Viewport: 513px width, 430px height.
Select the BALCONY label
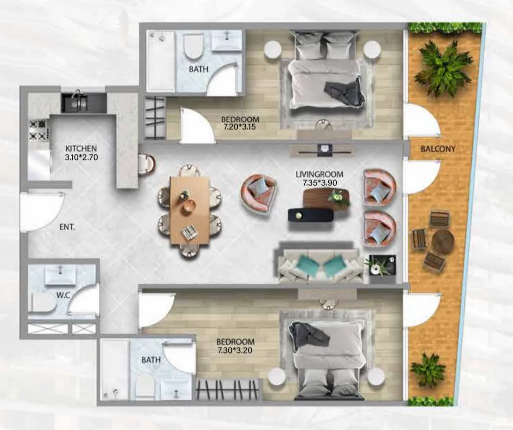438,149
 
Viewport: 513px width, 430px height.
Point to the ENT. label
67,227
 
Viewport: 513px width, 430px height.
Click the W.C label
63,295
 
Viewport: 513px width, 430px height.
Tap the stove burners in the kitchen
38,130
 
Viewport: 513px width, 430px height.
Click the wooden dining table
189,210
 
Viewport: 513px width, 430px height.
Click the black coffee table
311,214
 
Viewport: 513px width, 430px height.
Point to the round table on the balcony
443,241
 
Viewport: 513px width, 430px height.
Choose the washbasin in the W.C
60,275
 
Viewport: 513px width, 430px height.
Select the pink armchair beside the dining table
259,194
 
